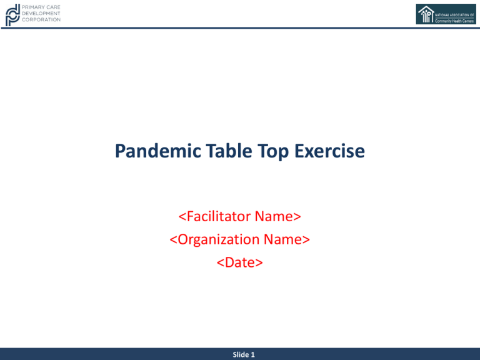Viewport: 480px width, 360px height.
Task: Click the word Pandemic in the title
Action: (157, 151)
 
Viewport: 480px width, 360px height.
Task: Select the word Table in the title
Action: (229, 151)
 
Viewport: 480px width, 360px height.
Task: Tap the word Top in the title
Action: (272, 151)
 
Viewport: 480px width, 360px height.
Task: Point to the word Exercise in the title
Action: (329, 151)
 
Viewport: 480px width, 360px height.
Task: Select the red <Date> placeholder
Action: (240, 262)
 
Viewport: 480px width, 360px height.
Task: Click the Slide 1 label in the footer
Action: (244, 354)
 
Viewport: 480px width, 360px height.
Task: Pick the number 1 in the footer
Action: (253, 354)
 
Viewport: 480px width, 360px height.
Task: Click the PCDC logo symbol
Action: (12, 15)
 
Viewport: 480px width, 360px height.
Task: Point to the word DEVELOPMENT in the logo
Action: (41, 13)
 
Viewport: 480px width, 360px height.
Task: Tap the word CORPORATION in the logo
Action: (41, 19)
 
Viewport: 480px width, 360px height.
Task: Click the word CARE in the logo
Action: (54, 7)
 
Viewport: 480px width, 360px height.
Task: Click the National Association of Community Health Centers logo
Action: (446, 14)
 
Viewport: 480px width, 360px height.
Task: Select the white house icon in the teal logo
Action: (426, 14)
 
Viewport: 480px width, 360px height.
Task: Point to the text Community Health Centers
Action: (454, 21)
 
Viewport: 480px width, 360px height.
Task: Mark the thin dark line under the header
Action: (240, 28)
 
